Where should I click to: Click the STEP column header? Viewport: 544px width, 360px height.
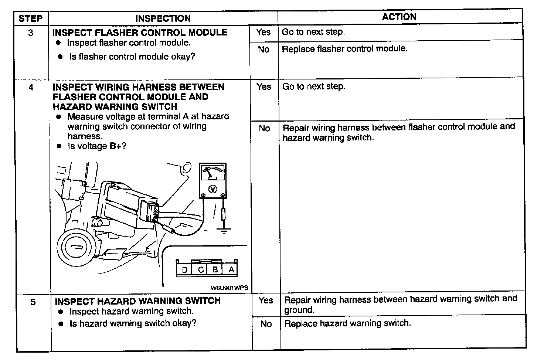pyautogui.click(x=31, y=18)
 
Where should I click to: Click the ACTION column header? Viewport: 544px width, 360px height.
pyautogui.click(x=399, y=17)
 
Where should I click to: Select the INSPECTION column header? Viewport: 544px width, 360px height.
pyautogui.click(x=163, y=18)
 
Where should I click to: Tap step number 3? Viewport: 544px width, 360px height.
pyautogui.click(x=31, y=33)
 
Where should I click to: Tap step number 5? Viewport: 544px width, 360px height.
pyautogui.click(x=33, y=302)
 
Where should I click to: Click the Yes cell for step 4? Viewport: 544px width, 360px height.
pyautogui.click(x=264, y=87)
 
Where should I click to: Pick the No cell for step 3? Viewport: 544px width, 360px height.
pyautogui.click(x=263, y=50)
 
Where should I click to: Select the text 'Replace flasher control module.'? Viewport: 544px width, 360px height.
pyautogui.click(x=344, y=49)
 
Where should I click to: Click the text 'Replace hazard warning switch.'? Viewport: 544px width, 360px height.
pyautogui.click(x=347, y=323)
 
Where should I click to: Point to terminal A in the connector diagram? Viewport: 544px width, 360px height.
pyautogui.click(x=231, y=269)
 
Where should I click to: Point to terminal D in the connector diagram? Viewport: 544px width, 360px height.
pyautogui.click(x=184, y=270)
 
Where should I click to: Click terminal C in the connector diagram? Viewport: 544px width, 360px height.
pyautogui.click(x=201, y=270)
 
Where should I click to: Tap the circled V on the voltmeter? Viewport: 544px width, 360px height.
pyautogui.click(x=212, y=189)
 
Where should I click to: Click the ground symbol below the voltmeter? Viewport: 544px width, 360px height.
pyautogui.click(x=223, y=231)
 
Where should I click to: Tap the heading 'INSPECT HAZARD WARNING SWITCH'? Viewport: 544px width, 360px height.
pyautogui.click(x=137, y=301)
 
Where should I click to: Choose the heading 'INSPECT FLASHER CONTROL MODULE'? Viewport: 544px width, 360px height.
pyautogui.click(x=140, y=33)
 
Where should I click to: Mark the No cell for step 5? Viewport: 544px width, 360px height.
pyautogui.click(x=266, y=324)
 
